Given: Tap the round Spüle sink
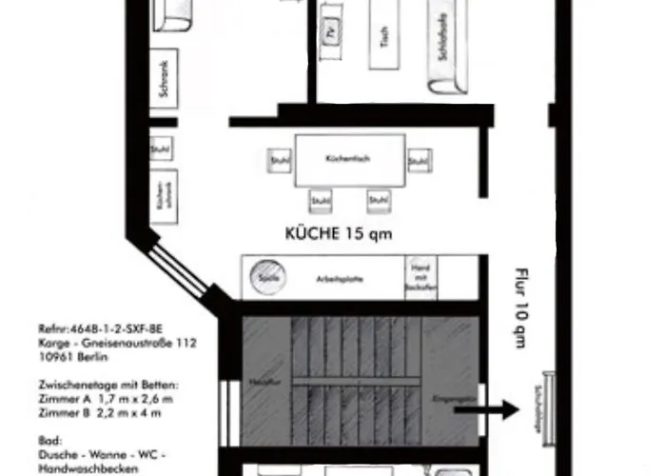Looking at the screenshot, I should coord(266,278).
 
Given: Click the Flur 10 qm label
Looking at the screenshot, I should coord(520,306).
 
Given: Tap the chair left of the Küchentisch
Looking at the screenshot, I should coord(279,160).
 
